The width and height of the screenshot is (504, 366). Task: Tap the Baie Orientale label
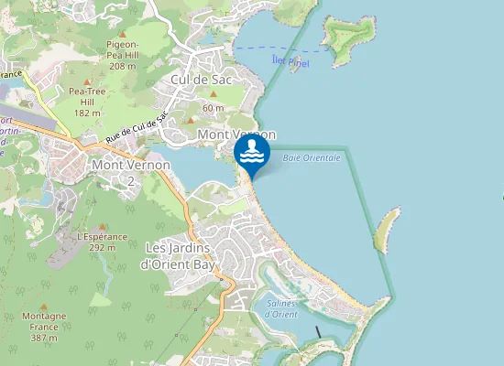click(312, 158)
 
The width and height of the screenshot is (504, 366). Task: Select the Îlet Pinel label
click(290, 62)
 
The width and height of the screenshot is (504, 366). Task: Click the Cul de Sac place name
click(201, 80)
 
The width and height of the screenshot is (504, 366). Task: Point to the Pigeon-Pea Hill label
click(122, 48)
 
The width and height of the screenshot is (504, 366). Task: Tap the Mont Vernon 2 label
click(131, 171)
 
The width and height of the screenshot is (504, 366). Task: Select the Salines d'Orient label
click(281, 309)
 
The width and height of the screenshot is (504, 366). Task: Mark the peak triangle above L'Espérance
click(102, 226)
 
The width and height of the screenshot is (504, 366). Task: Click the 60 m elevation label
click(213, 108)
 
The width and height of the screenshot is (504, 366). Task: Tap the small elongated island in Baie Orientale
click(387, 228)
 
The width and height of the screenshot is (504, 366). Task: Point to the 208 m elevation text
click(122, 66)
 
